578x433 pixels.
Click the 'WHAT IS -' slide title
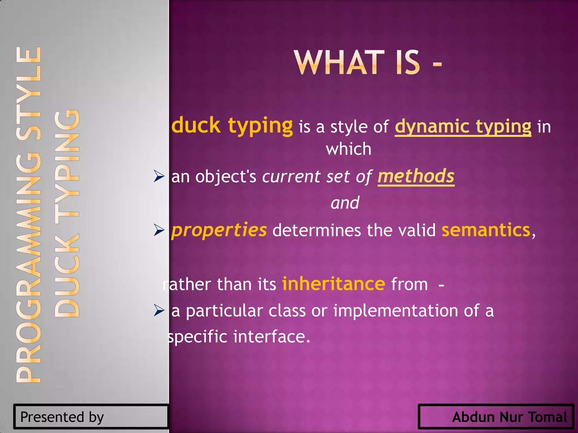click(x=368, y=63)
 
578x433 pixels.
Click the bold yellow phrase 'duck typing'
click(x=232, y=125)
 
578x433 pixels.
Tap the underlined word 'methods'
click(x=416, y=176)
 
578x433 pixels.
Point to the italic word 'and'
click(x=345, y=203)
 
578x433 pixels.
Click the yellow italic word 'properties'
click(x=219, y=230)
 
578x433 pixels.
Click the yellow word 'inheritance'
click(x=334, y=284)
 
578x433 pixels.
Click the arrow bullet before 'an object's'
click(x=159, y=177)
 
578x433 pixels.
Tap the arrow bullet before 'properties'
click(x=159, y=230)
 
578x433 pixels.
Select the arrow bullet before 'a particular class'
click(x=159, y=311)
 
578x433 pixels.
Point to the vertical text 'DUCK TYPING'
click(x=67, y=213)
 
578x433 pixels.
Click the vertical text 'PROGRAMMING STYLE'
click(x=29, y=214)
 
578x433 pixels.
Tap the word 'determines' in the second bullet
click(x=317, y=230)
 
